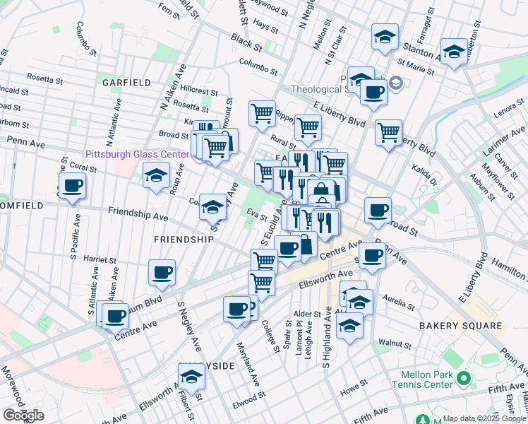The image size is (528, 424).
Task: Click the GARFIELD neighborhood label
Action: (126, 83)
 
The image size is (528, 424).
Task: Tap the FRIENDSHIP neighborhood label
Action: (184, 240)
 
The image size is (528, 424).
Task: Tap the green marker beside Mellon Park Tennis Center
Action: (464, 379)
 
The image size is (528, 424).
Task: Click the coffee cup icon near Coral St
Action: (72, 187)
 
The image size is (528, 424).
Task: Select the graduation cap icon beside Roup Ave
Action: (156, 176)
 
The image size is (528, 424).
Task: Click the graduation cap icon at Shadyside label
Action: (191, 377)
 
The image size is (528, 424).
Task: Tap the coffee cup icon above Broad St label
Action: (378, 210)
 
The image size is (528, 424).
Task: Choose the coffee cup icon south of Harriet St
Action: (162, 272)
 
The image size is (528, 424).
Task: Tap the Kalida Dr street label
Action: (424, 170)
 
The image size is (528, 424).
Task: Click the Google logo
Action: (23, 416)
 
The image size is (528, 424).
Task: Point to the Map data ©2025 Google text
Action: (484, 418)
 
